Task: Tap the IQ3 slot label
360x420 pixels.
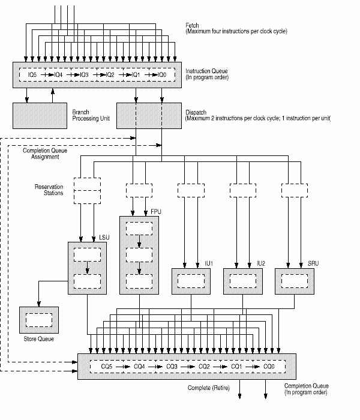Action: tap(83, 74)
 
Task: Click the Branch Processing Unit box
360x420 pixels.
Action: tap(39, 115)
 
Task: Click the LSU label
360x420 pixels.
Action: tap(110, 238)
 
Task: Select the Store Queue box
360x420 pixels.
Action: tap(39, 319)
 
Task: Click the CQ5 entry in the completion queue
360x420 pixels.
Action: tap(107, 366)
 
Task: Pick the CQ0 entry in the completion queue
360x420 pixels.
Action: tap(269, 366)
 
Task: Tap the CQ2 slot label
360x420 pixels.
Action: tap(204, 366)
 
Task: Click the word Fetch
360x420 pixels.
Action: tap(193, 24)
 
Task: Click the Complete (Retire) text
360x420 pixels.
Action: tap(208, 388)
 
